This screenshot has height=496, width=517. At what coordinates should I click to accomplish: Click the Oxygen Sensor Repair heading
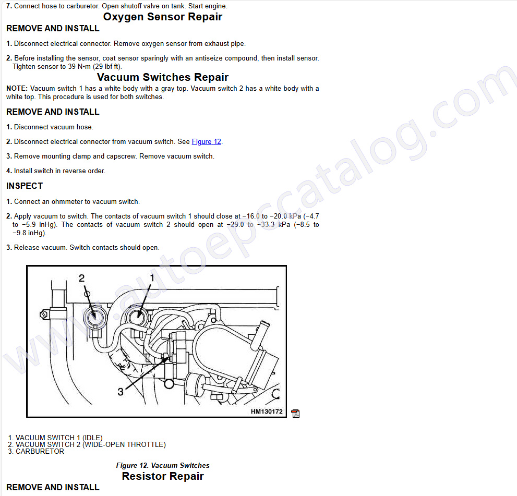point(163,17)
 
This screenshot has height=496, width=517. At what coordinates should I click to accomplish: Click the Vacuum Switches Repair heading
point(163,77)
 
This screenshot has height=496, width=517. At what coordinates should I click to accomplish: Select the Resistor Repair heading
point(163,476)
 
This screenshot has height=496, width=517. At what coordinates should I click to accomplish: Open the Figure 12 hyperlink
point(207,142)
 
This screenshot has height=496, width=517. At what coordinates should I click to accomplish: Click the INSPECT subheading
point(25,186)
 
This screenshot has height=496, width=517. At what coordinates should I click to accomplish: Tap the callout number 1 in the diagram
point(152,278)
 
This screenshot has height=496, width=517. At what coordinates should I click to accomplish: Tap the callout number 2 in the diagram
point(81,278)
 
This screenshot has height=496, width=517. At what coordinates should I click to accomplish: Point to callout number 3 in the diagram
point(121,392)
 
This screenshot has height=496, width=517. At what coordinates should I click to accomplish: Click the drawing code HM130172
point(267,412)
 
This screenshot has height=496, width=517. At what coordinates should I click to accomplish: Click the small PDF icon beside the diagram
point(295,414)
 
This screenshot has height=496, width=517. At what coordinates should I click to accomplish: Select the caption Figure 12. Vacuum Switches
point(163,465)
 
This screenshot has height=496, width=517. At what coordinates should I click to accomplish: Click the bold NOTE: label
point(17,89)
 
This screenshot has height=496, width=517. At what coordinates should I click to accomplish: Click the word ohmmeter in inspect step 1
point(68,202)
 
